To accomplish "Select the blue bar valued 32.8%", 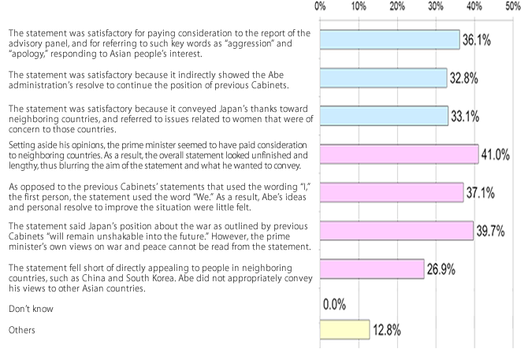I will (x=383, y=77).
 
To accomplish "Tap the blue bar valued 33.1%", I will (x=384, y=116).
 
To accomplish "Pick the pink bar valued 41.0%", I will (x=399, y=154).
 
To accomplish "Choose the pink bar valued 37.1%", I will (x=392, y=192).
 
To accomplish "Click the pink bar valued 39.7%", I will (x=396, y=231).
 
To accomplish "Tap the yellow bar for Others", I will (x=344, y=330).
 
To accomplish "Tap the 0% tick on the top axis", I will (x=320, y=6).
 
